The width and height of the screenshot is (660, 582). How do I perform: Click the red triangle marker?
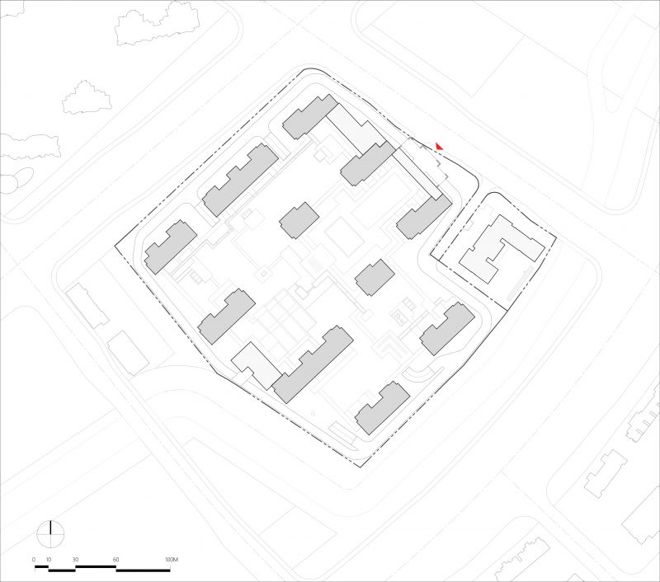coord(439,147)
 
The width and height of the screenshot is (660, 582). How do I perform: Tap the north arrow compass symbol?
coord(50,534)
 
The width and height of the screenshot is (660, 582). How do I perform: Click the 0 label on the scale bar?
coord(34,560)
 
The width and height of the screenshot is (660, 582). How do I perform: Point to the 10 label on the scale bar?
coord(49,560)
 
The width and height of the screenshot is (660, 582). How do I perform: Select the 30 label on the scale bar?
coord(75,560)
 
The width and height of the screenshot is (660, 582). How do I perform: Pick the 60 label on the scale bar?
coord(115,560)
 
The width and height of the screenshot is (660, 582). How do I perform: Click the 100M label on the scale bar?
coord(172,560)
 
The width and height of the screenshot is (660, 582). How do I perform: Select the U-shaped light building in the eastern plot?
coord(501,248)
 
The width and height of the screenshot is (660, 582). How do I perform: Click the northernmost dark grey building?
coord(310,116)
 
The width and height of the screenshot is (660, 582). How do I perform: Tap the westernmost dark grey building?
coord(171,246)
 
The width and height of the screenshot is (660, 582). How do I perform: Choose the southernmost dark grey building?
coord(382,407)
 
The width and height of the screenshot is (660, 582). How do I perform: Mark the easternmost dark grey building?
coord(447,328)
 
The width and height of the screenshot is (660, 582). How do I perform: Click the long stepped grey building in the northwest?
coord(240,180)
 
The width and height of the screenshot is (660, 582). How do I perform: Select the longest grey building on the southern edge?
coord(313,364)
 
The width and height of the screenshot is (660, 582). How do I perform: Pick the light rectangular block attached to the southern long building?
coord(257,365)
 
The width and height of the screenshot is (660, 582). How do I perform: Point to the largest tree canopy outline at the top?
coord(158,24)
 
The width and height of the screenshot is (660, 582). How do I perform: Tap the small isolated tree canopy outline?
coord(87,97)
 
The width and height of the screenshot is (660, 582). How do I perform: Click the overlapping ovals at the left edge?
coord(16,181)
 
